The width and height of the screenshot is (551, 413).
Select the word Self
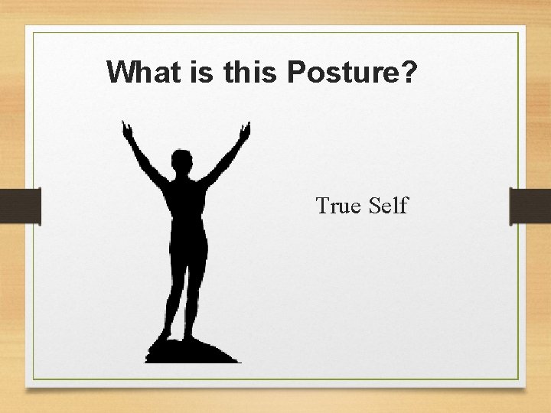[x=389, y=206]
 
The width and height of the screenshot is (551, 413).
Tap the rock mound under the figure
[x=191, y=353]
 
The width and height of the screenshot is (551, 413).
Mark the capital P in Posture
[x=295, y=72]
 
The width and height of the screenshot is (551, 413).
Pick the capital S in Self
[x=375, y=206]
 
